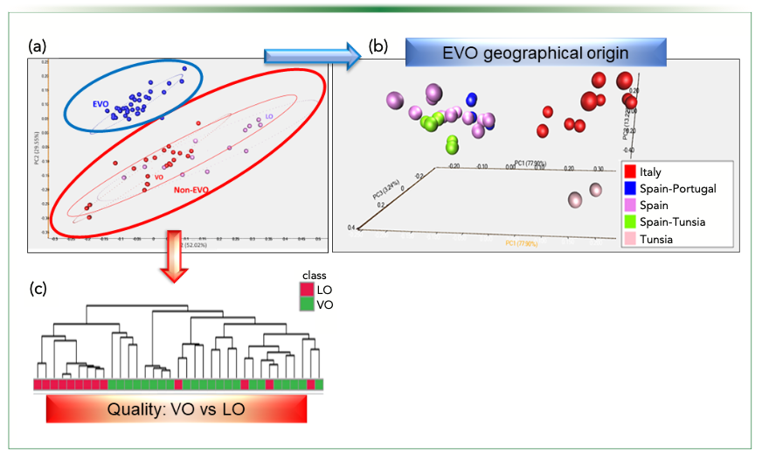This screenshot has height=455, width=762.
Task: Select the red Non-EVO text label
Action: tap(196, 189)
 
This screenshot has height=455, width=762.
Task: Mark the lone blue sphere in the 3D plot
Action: tap(472, 101)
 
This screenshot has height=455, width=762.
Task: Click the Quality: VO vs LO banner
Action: tap(176, 408)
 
